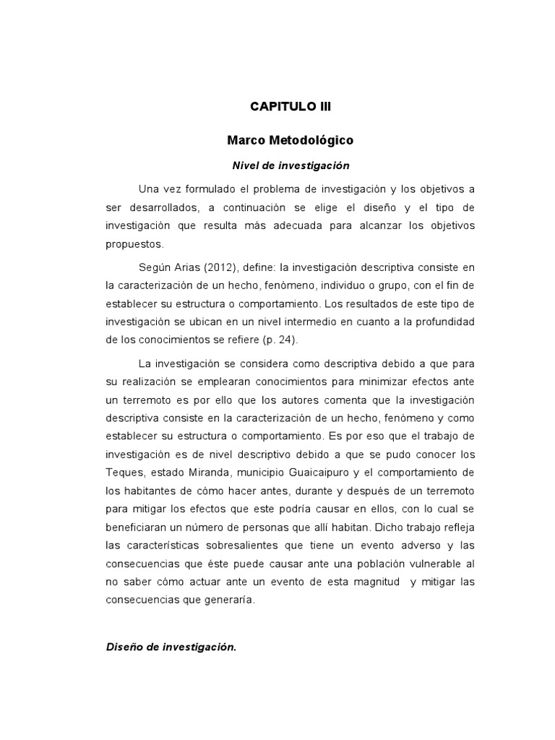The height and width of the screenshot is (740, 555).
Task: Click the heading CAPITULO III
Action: pos(291,106)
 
